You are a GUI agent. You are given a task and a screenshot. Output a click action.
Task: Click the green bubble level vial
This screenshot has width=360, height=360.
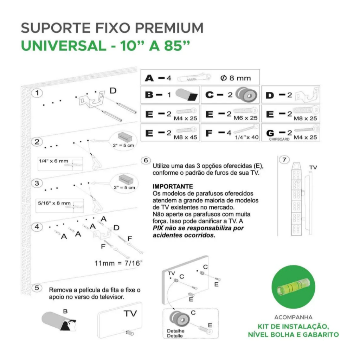[x=293, y=287]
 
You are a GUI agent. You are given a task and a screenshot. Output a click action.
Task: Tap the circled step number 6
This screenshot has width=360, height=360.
[x=146, y=160]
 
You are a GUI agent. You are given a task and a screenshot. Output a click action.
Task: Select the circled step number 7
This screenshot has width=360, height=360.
[x=284, y=160]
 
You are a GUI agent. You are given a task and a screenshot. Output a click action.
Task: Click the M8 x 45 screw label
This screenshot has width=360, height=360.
[x=185, y=137]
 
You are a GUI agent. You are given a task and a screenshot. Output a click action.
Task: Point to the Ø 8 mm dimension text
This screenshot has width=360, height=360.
[x=236, y=78]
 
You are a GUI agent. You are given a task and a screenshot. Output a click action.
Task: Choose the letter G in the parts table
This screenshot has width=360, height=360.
[x=270, y=133]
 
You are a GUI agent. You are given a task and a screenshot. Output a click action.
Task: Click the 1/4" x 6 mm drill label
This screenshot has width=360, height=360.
[x=53, y=161]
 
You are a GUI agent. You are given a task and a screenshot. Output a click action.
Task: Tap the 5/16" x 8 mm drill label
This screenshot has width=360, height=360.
[x=54, y=203]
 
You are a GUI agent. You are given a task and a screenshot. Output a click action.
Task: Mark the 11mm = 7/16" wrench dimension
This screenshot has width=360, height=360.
[x=118, y=263]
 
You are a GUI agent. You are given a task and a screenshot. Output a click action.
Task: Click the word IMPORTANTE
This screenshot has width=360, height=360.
[x=173, y=186]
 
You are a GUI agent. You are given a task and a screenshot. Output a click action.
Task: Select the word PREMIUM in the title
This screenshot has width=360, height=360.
[x=169, y=28]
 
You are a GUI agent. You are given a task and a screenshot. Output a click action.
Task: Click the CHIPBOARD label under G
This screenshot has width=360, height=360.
[x=279, y=139]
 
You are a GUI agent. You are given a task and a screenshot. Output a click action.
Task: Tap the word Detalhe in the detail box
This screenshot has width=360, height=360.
[x=176, y=331]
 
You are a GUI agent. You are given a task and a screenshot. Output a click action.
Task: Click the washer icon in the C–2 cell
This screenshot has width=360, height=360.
[x=246, y=94]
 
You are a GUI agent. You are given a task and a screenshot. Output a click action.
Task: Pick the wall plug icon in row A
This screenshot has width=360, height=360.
[x=194, y=77]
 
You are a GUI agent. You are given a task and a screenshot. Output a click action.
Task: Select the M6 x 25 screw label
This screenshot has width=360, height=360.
[x=245, y=118]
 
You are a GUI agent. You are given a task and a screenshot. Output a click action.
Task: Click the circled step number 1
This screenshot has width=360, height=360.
[x=37, y=93]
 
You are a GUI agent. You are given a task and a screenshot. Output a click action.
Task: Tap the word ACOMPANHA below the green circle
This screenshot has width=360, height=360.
[x=294, y=317]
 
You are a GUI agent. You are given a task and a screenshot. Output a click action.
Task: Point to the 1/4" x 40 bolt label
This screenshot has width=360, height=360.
[x=247, y=137]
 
